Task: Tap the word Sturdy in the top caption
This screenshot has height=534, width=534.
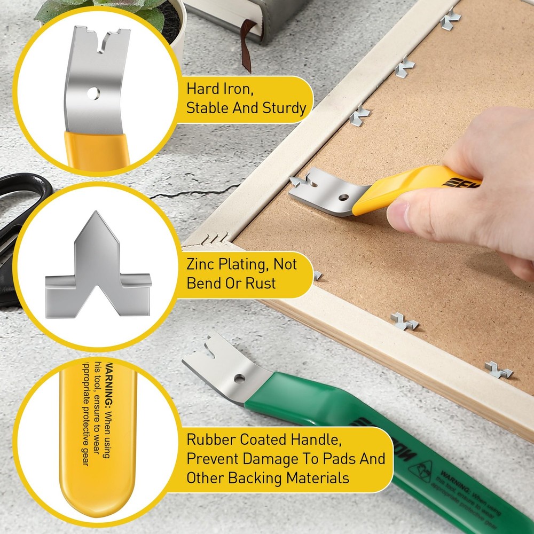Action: [284, 108]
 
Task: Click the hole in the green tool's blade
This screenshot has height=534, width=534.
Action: [239, 378]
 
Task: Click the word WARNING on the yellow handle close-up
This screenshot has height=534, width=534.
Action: [109, 382]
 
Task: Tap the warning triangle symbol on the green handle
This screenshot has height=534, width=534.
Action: [420, 470]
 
